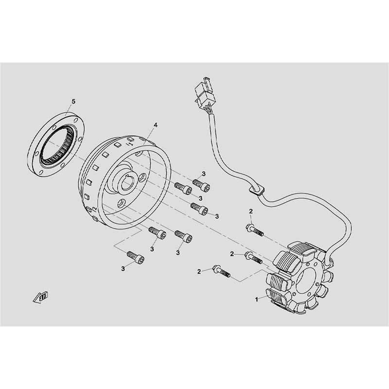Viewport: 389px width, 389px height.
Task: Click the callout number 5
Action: [74, 101]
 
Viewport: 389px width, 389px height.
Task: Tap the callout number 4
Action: [155, 125]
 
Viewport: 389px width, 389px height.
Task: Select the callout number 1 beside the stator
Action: [256, 300]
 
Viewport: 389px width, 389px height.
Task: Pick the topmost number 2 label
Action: [251, 211]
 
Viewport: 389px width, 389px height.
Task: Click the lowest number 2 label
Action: [199, 271]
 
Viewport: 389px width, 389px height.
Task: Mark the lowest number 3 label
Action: [123, 268]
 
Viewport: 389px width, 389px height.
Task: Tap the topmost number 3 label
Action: [204, 174]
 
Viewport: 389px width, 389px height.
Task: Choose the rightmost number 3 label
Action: [217, 216]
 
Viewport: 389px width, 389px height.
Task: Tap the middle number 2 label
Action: [232, 254]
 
